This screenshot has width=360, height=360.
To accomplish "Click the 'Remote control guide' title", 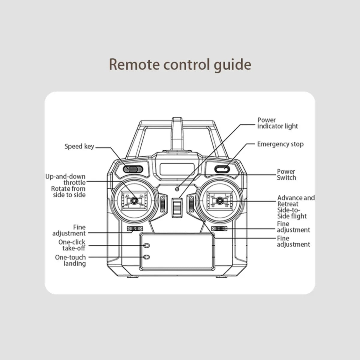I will [x=180, y=64].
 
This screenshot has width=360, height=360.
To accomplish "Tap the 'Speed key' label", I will [x=79, y=147].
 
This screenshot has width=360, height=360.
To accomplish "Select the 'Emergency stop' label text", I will [x=280, y=144].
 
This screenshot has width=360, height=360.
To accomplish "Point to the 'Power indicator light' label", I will [x=277, y=123].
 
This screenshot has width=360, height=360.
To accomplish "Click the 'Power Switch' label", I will [x=286, y=175].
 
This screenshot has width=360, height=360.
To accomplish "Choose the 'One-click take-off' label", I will [x=72, y=245].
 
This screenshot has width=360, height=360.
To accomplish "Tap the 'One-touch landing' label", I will [x=70, y=260].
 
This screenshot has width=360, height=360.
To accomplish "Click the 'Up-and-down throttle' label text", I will [x=66, y=179].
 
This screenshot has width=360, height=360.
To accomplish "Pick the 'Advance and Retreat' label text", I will [x=295, y=201].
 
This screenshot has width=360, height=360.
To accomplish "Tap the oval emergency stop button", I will [x=222, y=169].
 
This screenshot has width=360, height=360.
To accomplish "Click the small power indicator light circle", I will [x=177, y=189].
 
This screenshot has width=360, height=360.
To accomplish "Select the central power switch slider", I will [x=177, y=208].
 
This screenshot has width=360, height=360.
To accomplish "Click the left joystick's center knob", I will [x=134, y=200].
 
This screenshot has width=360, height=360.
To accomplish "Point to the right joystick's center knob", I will [x=220, y=200].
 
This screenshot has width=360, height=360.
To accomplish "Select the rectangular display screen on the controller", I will [x=177, y=169].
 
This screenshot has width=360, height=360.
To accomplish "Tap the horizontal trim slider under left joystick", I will [x=135, y=229].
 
